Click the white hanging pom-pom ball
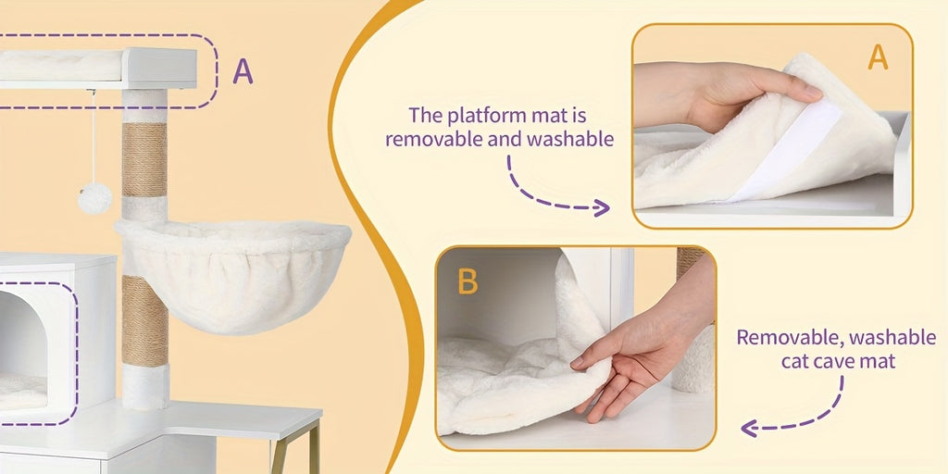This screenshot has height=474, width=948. (x=95, y=198)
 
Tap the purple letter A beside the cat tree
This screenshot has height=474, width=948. (x=243, y=71)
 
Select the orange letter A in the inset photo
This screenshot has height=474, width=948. (x=878, y=57)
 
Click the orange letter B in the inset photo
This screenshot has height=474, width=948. (x=468, y=281)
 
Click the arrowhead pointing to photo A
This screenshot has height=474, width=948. (x=602, y=208)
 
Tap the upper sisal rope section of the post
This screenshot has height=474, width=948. (x=144, y=159)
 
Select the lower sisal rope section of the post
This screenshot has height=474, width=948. (x=145, y=321)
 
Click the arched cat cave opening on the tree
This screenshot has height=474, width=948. (x=24, y=351)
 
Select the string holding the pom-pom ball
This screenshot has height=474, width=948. (x=94, y=136)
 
